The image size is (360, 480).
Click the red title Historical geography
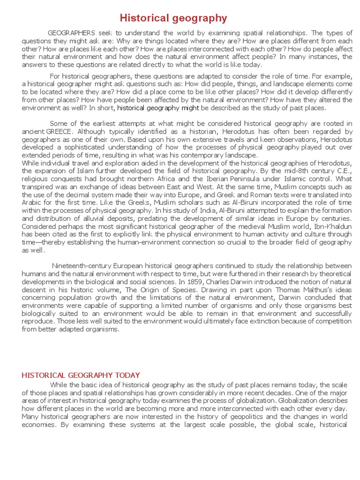click(x=173, y=18)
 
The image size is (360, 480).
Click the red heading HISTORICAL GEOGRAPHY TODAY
click(x=81, y=375)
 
